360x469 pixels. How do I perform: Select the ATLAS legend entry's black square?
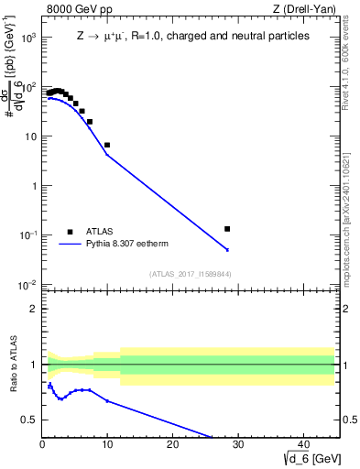(x=69, y=232)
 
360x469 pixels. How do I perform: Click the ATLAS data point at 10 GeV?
(x=107, y=145)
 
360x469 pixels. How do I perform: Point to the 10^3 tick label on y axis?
(x=28, y=38)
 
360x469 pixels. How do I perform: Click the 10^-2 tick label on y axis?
(x=28, y=285)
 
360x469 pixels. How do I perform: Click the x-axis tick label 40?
(x=302, y=445)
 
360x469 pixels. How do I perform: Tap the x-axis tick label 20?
(x=172, y=445)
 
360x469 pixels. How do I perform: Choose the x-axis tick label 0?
(x=42, y=445)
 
